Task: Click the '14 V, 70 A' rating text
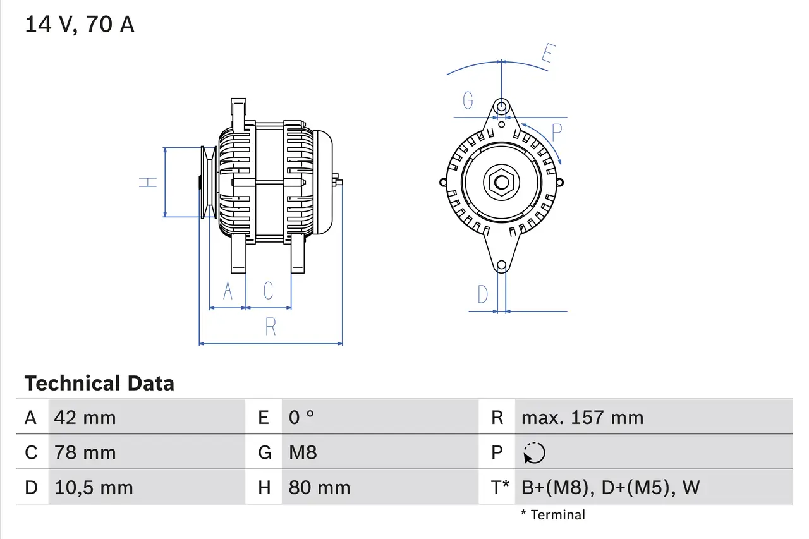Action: (80, 25)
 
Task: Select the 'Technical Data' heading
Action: (99, 383)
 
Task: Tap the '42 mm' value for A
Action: (85, 417)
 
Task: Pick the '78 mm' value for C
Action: (85, 452)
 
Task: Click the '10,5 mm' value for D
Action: (94, 487)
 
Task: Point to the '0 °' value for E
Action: (301, 417)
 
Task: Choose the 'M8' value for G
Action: (303, 452)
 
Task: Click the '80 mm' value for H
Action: (319, 487)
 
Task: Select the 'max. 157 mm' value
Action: (582, 417)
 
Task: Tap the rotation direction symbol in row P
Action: (534, 452)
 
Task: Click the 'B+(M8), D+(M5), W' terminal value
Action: (611, 487)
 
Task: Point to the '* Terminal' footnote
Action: (553, 515)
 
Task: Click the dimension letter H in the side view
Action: (148, 182)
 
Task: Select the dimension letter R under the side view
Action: (271, 327)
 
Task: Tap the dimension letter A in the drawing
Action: (228, 291)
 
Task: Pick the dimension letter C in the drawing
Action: (269, 291)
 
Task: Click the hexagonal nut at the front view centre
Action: (501, 183)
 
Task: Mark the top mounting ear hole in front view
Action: (501, 106)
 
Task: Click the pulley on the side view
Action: (209, 182)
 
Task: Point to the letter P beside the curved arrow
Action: (556, 133)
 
